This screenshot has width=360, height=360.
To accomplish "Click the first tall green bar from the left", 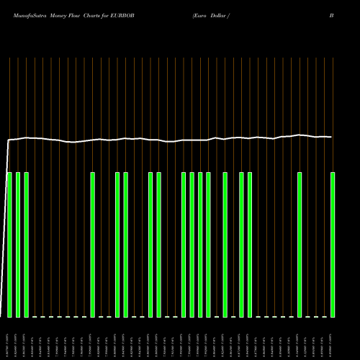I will pos(9,245).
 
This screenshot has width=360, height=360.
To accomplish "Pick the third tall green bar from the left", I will pos(26,245).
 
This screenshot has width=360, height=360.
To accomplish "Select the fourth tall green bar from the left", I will pos(93,245).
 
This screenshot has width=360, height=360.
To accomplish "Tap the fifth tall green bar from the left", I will pos(117,245).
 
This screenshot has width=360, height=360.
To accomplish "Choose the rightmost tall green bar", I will pos(333,245).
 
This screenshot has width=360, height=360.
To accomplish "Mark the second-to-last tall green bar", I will pos(300,245).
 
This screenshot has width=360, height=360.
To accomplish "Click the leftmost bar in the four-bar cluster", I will pos(184,245).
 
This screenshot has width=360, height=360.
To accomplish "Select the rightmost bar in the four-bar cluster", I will pos(209,245).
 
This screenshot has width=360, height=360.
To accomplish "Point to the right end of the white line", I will pos(331,137).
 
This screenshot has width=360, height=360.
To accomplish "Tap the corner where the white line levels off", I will pos(8,140).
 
